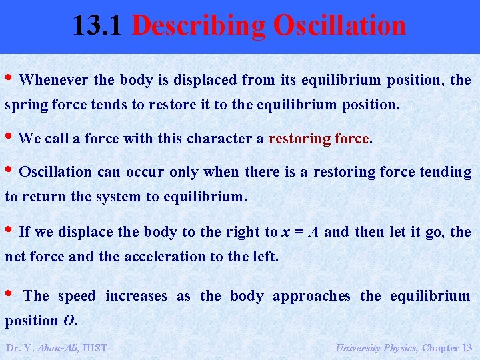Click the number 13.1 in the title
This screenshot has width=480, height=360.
[x=98, y=25]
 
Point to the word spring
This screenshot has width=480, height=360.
[x=24, y=105]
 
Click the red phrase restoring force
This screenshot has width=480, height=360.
[x=319, y=139]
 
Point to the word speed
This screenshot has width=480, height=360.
[x=77, y=296]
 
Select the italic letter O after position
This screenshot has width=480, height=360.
[x=69, y=321]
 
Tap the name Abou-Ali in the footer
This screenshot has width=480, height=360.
[x=59, y=347]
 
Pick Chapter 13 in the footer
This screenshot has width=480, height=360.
[x=447, y=347]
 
